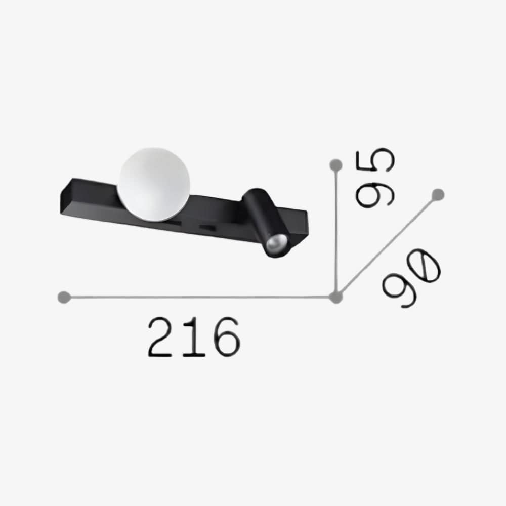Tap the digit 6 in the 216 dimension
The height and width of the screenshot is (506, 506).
click(x=224, y=337)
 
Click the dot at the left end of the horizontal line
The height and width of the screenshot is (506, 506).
click(x=63, y=297)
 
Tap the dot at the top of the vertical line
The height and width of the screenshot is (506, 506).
click(x=334, y=164)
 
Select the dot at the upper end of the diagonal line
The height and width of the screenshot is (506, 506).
click(x=438, y=194)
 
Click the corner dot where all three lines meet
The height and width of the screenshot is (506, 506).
click(x=334, y=298)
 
